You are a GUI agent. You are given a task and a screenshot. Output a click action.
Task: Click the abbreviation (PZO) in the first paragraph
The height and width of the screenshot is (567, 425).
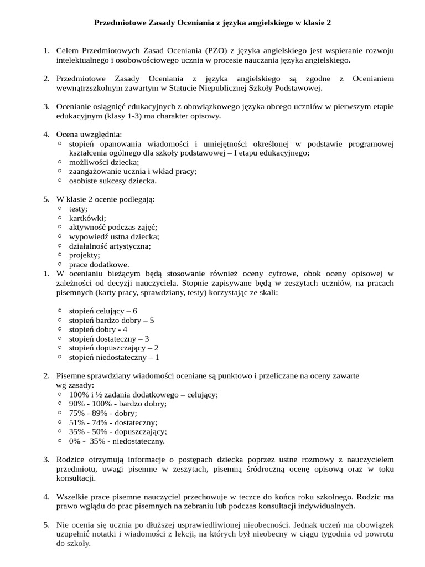pyautogui.click(x=211, y=51)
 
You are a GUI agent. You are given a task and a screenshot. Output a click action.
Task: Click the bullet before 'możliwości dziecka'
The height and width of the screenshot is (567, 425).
pyautogui.click(x=60, y=162)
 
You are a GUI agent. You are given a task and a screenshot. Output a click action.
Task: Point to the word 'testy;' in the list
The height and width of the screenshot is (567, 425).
pyautogui.click(x=78, y=208)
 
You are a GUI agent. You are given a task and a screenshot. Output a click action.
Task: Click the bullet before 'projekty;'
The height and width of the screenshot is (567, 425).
pyautogui.click(x=60, y=255)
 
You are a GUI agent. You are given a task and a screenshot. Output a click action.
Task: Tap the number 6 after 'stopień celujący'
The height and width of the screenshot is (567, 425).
pyautogui.click(x=134, y=311)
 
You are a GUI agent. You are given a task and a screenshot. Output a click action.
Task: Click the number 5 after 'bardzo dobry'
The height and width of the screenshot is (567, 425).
pyautogui.click(x=152, y=320)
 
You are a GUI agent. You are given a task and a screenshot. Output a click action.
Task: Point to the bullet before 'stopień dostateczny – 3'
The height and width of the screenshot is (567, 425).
pyautogui.click(x=60, y=338)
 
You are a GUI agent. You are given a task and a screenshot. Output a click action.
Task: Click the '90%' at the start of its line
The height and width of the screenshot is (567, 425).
pyautogui.click(x=77, y=404)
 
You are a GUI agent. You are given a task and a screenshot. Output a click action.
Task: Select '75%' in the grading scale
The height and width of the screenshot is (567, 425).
pyautogui.click(x=77, y=413)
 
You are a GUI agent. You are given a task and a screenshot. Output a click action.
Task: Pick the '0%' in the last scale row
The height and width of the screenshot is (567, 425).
pyautogui.click(x=75, y=441)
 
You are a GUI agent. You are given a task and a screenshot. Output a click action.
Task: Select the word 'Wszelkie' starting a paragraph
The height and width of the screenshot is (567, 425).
pyautogui.click(x=72, y=496)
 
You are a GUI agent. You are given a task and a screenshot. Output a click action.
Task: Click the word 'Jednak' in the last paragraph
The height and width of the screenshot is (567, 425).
pyautogui.click(x=304, y=524)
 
